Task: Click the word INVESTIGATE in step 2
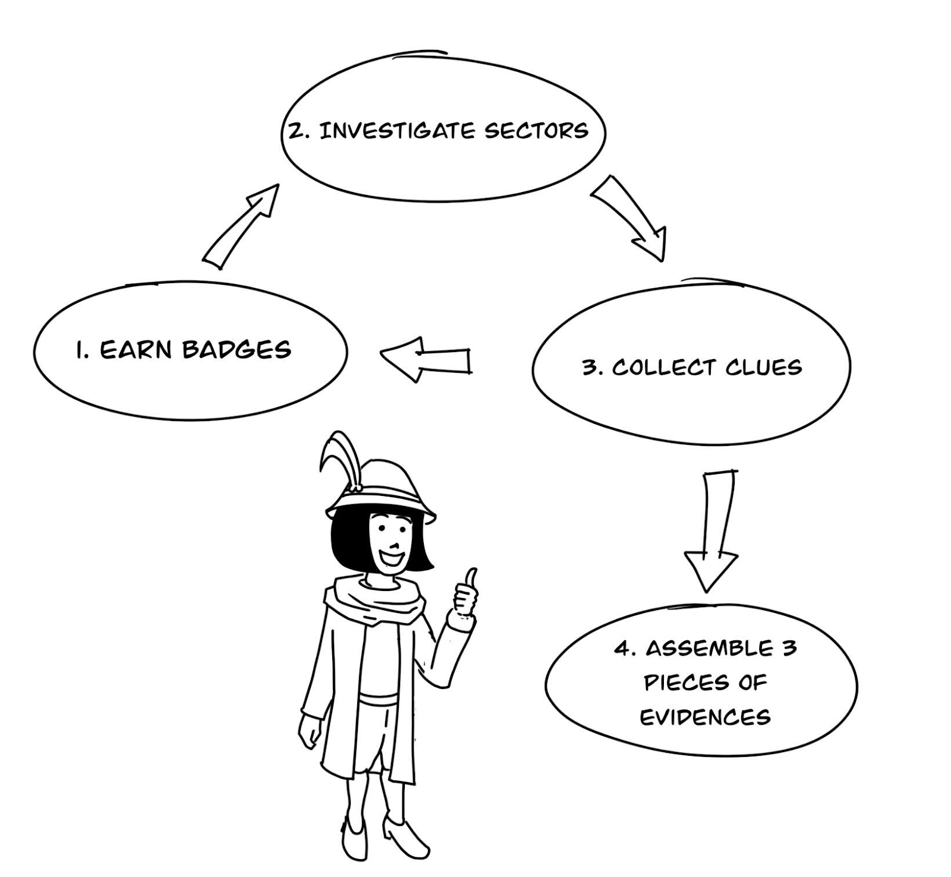[397, 131]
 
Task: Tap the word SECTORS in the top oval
[536, 131]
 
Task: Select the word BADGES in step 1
[237, 350]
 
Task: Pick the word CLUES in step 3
[763, 367]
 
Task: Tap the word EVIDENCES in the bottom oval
[705, 717]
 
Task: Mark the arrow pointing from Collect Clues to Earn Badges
[425, 359]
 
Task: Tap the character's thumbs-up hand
[465, 595]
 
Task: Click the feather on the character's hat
[339, 458]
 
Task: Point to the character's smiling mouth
[392, 559]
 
